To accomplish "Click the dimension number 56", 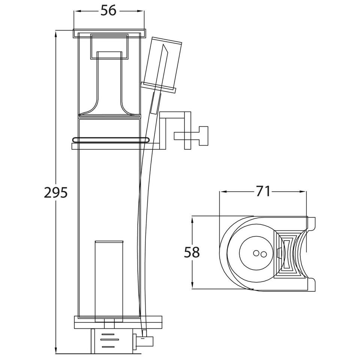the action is tap(108, 11).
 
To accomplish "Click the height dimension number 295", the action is tap(56, 192).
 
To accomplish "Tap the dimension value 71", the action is tap(263, 192).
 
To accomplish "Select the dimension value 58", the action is tap(192, 252).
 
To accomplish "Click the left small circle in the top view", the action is tap(256, 253).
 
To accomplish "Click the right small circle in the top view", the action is tap(264, 254).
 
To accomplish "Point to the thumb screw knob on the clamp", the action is tap(203, 136).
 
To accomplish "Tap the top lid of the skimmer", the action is tap(109, 33).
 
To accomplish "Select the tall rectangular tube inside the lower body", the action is tap(109, 282).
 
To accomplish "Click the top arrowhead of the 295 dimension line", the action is tap(56, 34).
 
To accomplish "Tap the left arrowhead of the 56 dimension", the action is tap(76, 11).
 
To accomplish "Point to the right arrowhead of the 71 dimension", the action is tap(303, 192).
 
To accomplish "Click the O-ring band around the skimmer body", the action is tap(111, 140).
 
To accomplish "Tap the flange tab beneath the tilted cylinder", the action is tap(158, 87).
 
